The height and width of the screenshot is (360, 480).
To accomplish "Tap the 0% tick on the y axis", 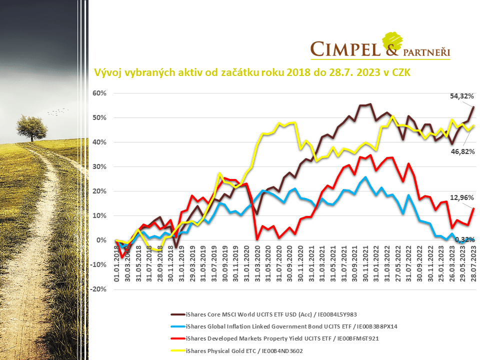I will pyautogui.click(x=101, y=240).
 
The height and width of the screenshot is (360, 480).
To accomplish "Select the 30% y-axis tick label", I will pyautogui.click(x=99, y=167).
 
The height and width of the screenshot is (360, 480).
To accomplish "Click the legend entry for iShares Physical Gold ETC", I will pyautogui.click(x=244, y=351).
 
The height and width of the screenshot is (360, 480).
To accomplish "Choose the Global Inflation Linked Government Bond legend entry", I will pyautogui.click(x=291, y=326).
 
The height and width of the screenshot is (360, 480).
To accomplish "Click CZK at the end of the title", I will pyautogui.click(x=399, y=73).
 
